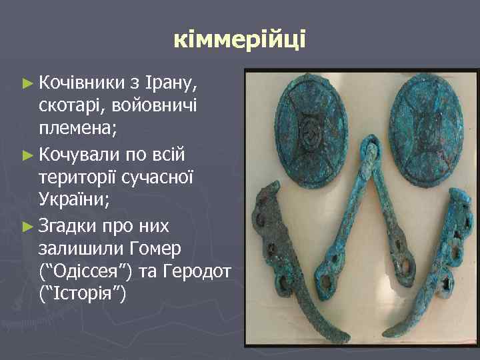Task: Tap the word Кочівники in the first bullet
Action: pyautogui.click(x=80, y=83)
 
